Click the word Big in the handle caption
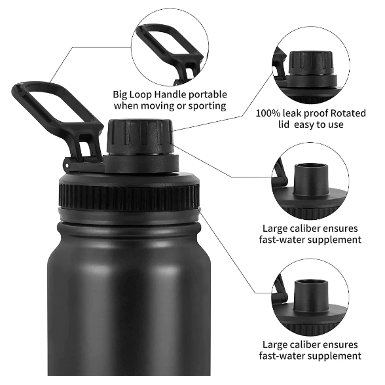tap(120, 94)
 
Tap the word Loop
tap(140, 94)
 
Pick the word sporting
tap(207, 106)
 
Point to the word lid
tap(284, 124)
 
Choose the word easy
tap(304, 125)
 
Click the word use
tap(335, 125)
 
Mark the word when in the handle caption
tap(126, 106)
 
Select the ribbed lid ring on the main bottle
tap(130, 198)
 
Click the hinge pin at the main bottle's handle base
tap(66, 165)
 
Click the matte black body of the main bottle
tap(129, 307)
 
